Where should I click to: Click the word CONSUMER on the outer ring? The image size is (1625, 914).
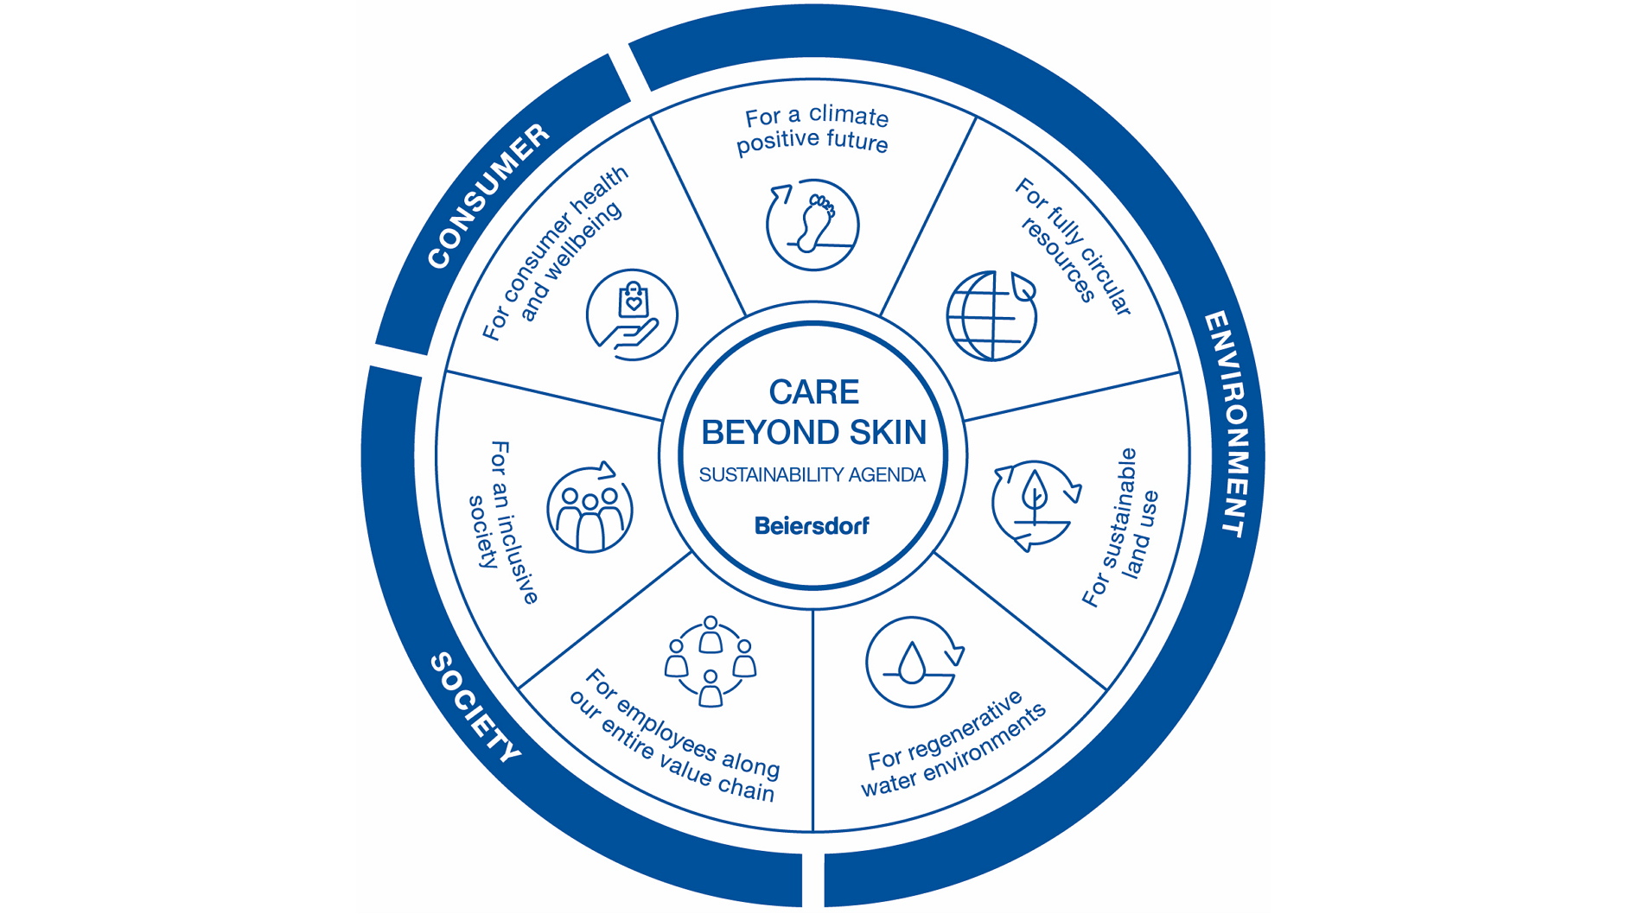coord(488,197)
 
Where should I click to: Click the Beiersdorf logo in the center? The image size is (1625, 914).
coord(812,526)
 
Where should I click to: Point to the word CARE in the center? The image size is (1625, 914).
coord(813,392)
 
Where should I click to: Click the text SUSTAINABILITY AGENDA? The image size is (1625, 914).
coord(812,475)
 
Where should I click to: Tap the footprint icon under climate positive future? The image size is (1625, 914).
coord(812,225)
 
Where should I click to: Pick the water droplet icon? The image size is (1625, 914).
coord(913,663)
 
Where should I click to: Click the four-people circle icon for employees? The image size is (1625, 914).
coord(711,663)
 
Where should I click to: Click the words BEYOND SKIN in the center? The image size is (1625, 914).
coord(813,433)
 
